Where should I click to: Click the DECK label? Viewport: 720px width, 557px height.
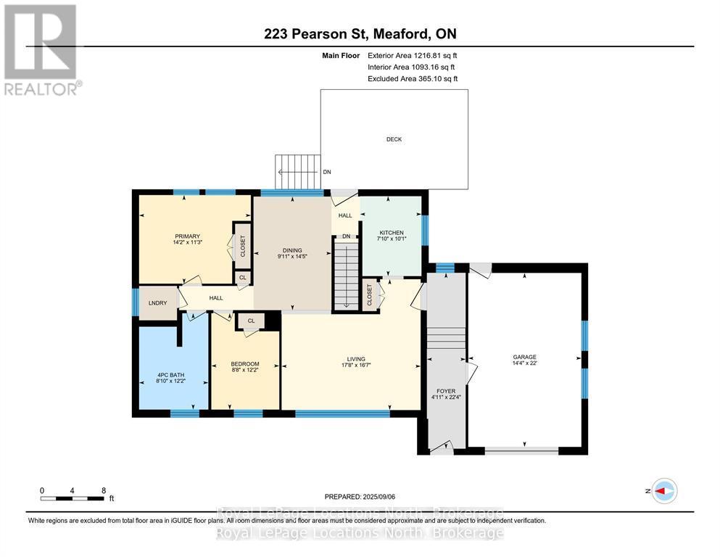click(x=394, y=139)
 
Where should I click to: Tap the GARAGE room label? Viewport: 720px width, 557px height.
click(x=524, y=357)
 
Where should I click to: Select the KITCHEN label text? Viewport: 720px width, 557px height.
click(x=391, y=233)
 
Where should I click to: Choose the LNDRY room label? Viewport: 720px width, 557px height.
click(x=158, y=302)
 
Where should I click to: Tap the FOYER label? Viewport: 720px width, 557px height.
click(x=446, y=391)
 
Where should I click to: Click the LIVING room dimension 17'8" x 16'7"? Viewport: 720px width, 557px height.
click(x=355, y=366)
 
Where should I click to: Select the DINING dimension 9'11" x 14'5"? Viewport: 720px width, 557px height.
click(x=292, y=255)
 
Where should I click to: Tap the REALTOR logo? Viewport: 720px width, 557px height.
click(x=41, y=50)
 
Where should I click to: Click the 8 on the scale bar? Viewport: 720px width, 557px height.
click(x=104, y=490)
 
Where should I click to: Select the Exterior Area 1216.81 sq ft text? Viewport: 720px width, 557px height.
click(x=412, y=55)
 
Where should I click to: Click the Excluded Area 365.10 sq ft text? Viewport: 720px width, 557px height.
click(x=412, y=78)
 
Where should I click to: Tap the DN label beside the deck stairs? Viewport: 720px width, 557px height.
click(x=327, y=173)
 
